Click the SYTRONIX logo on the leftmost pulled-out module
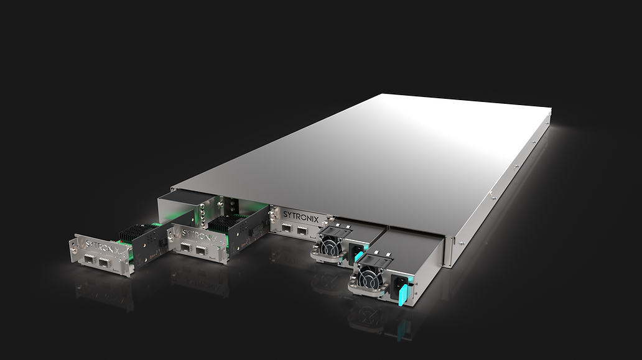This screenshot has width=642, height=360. [103, 247]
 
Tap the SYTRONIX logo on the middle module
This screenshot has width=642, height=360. [199, 236]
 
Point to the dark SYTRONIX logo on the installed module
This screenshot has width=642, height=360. [301, 216]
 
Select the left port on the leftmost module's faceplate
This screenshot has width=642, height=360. [90, 259]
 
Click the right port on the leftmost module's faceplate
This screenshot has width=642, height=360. [105, 262]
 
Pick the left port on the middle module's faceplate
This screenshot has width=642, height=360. [186, 247]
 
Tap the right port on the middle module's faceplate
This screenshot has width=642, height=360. [200, 250]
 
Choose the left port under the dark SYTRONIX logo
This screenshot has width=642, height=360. [287, 228]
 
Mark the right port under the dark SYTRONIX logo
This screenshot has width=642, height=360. [302, 230]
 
